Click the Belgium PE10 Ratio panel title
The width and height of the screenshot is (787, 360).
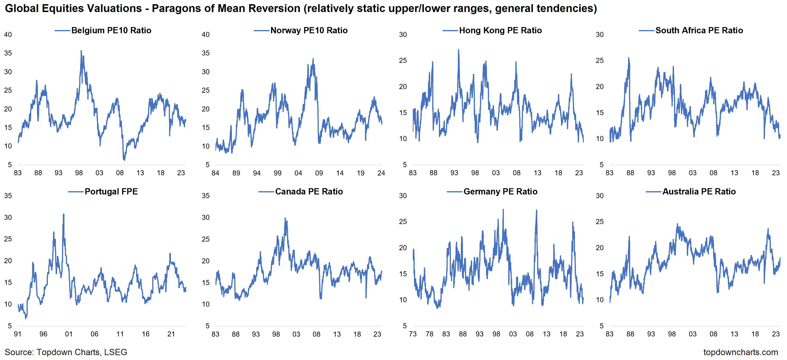[x=111, y=30]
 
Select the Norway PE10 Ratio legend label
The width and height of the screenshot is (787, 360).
[x=309, y=30]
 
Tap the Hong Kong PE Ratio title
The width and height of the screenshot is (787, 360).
[x=500, y=30]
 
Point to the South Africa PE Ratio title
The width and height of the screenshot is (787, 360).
[x=699, y=30]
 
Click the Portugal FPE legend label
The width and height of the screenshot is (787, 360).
[x=111, y=191]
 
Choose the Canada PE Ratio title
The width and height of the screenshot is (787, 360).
[x=309, y=191]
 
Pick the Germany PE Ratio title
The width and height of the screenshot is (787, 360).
[x=500, y=191]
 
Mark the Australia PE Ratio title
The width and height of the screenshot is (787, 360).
[x=699, y=191]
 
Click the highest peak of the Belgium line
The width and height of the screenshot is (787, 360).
[x=81, y=51]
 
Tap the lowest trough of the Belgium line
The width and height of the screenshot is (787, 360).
[x=124, y=160]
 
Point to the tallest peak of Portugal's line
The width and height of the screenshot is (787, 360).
[x=64, y=214]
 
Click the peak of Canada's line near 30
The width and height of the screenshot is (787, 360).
[x=285, y=218]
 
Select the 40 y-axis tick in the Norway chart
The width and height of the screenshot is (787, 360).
[x=206, y=34]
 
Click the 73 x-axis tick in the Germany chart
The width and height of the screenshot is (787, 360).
[x=413, y=334]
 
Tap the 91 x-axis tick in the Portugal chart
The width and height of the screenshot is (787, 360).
[x=18, y=334]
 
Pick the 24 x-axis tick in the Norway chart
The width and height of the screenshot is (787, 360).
[x=381, y=173]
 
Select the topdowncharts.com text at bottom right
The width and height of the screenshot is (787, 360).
[x=741, y=352]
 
